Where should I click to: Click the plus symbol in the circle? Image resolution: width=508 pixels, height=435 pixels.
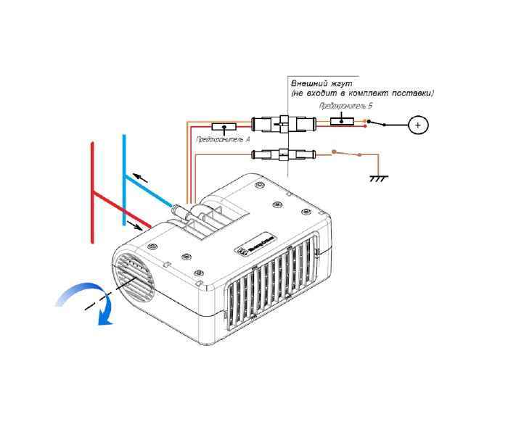417,125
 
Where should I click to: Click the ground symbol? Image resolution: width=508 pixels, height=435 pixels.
377,177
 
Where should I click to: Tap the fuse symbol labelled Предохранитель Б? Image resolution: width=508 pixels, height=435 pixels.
342,120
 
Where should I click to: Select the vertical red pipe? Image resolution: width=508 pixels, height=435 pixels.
91,192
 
